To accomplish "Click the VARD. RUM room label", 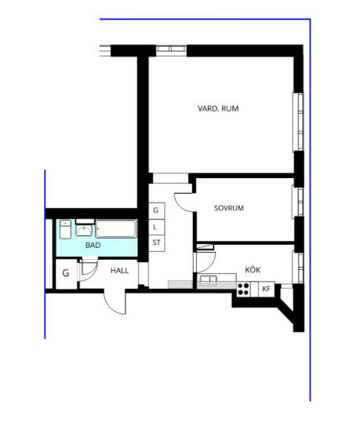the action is click(218, 108).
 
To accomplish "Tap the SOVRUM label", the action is click(229, 208).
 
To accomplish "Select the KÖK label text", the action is click(253, 269).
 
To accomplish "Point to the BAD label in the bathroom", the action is click(93, 245).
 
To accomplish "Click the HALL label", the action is click(119, 271).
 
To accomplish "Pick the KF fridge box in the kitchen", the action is click(267, 289).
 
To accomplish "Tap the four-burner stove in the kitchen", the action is click(243, 289).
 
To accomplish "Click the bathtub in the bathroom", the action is click(116, 229).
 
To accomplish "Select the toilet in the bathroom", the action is click(65, 229).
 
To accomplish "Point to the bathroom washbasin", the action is click(84, 230).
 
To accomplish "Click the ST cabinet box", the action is click(157, 243).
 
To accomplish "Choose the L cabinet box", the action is click(157, 227).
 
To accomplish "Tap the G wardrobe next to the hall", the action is click(66, 273).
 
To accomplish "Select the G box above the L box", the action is click(157, 210).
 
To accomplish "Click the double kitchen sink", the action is click(208, 281).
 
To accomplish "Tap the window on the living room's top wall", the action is click(172, 49).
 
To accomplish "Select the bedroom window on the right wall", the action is click(298, 202).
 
